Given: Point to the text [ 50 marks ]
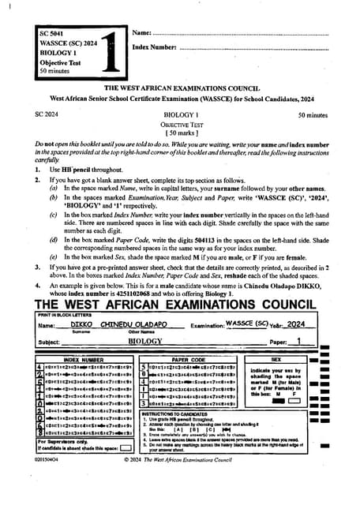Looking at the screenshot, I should tap(180, 133).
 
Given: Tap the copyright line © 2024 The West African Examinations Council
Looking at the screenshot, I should tap(182, 480).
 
